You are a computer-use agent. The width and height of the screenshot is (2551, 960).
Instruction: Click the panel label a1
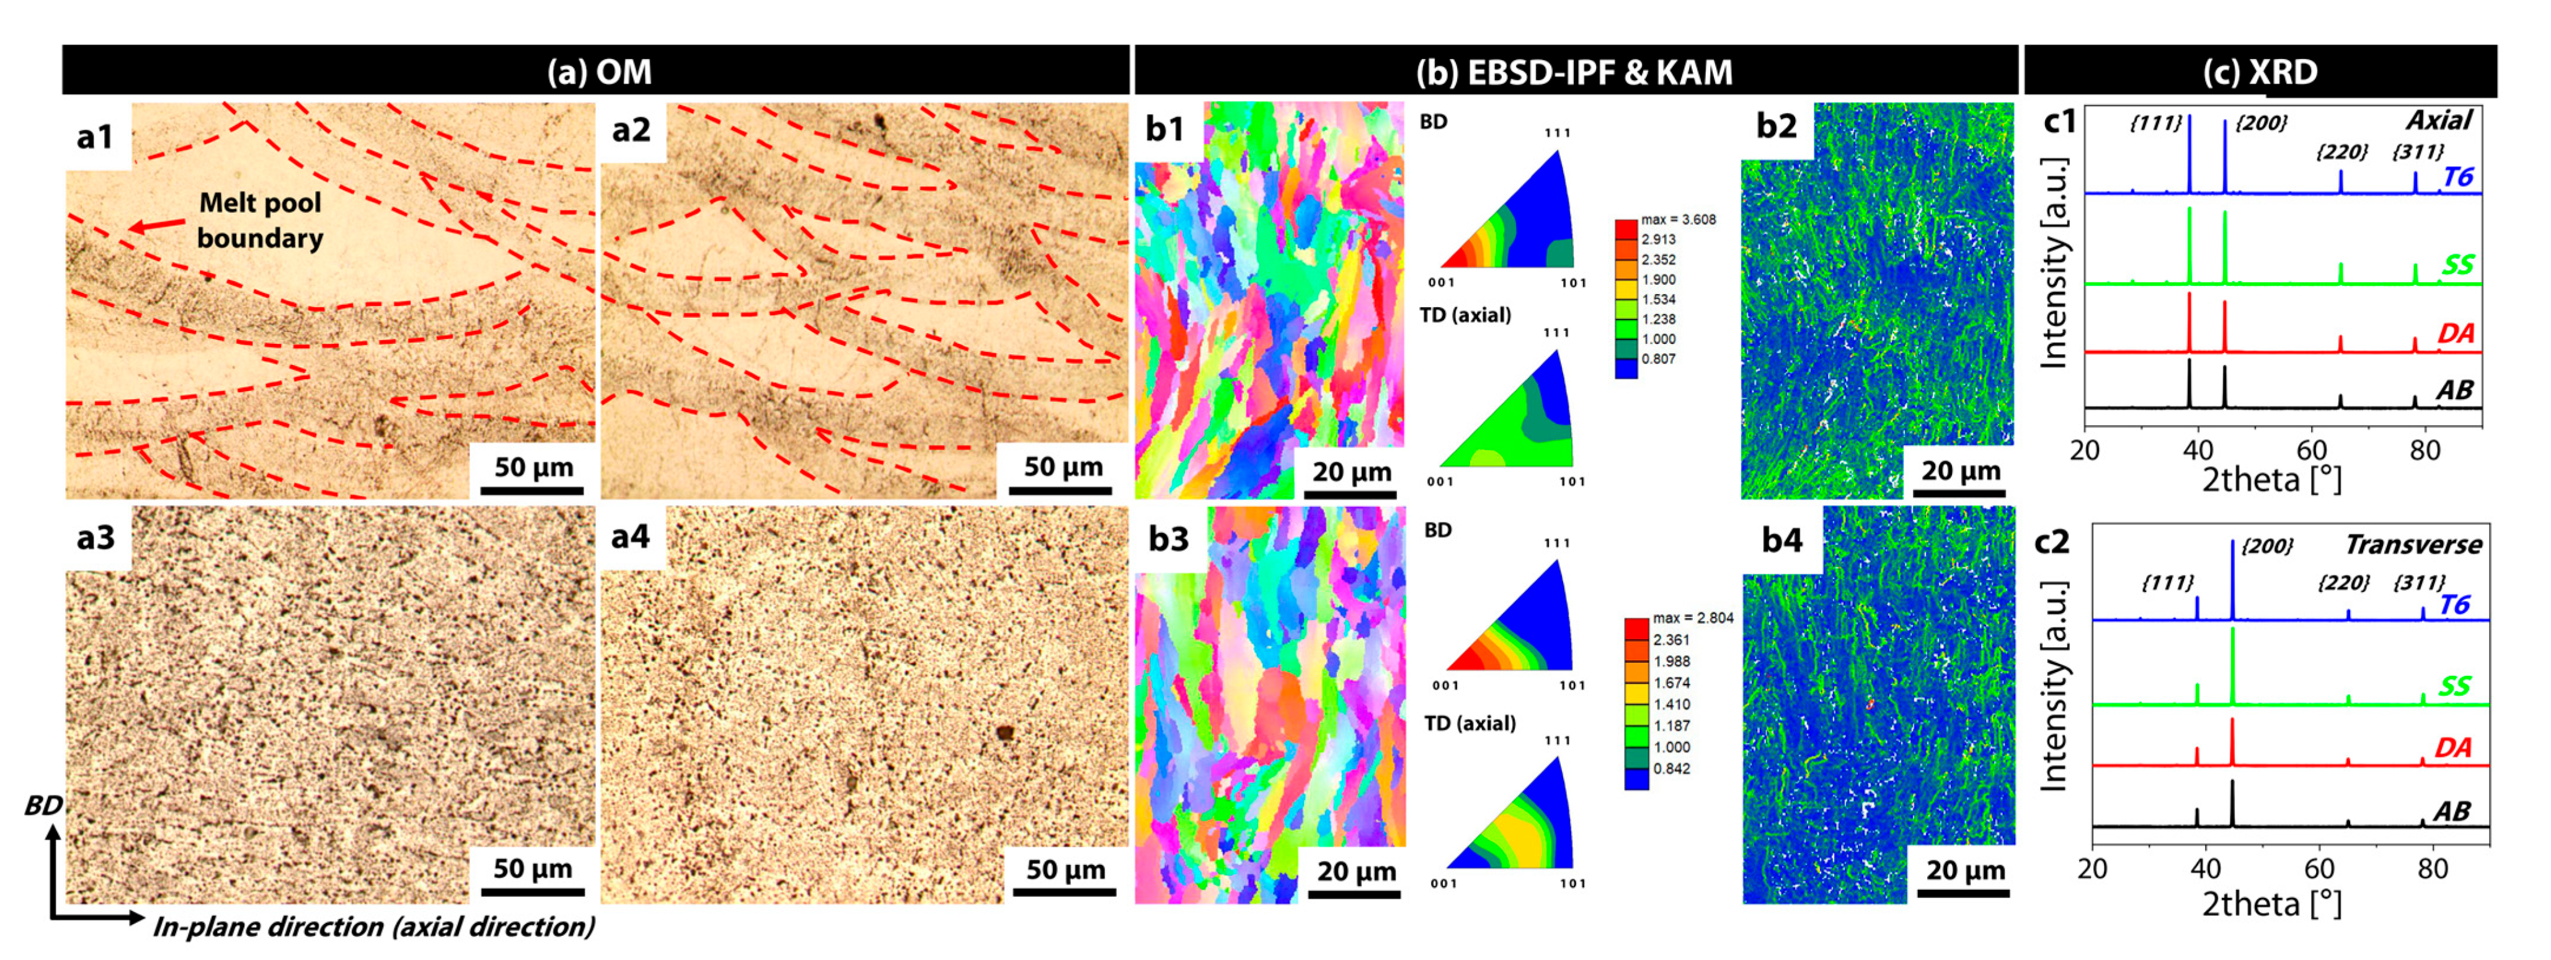coord(95,137)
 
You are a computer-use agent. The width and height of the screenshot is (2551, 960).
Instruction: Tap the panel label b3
coord(1169,539)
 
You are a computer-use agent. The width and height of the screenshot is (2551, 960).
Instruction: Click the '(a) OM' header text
coord(599,71)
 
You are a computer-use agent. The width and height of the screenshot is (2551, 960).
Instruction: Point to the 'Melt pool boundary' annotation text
coord(259,220)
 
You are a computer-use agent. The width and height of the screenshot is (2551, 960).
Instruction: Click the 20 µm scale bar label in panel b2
coord(1961,470)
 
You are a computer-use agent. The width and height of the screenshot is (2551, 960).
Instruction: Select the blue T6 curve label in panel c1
coord(2458,177)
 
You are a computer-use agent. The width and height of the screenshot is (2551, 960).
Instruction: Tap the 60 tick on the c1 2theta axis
coord(2312,450)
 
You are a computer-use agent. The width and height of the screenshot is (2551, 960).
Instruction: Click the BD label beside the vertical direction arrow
coord(43,805)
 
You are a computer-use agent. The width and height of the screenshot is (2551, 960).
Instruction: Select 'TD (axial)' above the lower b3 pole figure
coord(1470,723)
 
